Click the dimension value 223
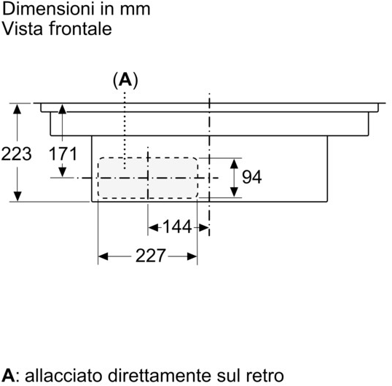click(x=17, y=154)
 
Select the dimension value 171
click(x=63, y=154)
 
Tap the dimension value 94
click(x=252, y=177)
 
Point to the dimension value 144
click(x=177, y=227)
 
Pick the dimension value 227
click(x=150, y=256)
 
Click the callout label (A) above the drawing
click(x=125, y=80)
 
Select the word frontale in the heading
click(x=80, y=28)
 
